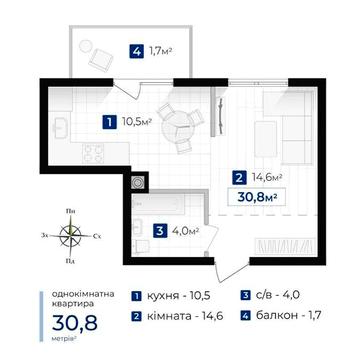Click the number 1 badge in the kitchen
(107, 123)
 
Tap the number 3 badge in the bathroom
(160, 232)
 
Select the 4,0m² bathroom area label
(185, 232)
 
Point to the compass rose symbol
(70, 237)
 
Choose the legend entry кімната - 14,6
(178, 317)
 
